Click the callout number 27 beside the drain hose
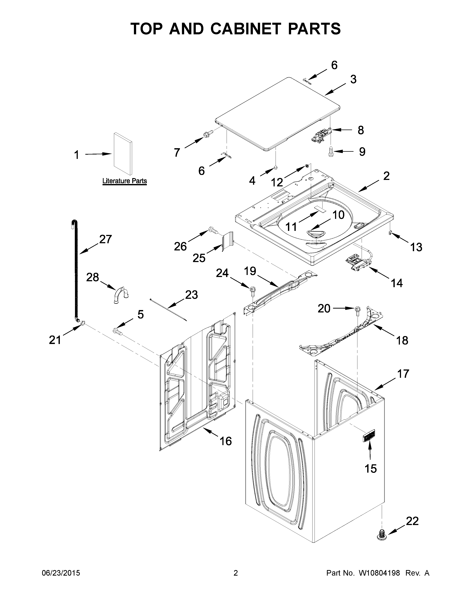click(105, 239)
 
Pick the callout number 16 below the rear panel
click(226, 441)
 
